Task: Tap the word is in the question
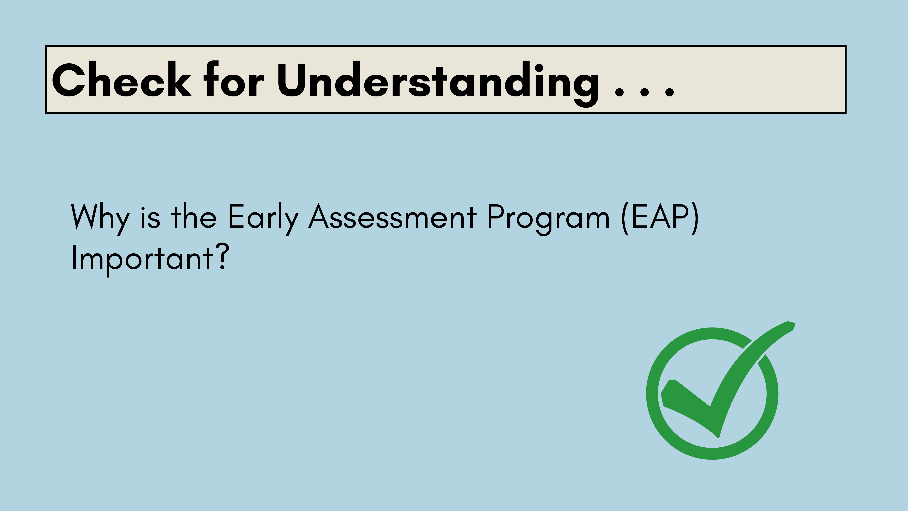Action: [x=150, y=217]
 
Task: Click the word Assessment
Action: [x=393, y=217]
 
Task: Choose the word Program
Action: [x=548, y=219]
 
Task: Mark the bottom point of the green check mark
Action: [x=718, y=438]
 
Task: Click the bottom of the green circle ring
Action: [x=712, y=454]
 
